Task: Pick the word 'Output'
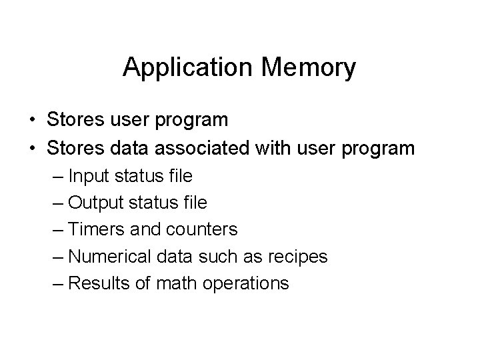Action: (x=94, y=203)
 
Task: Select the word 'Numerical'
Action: (x=106, y=256)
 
